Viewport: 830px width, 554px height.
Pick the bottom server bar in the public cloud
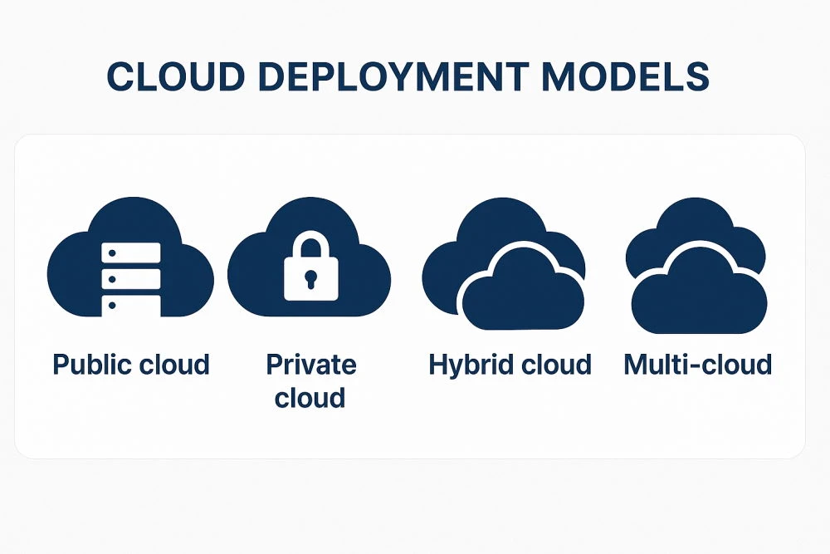coord(130,304)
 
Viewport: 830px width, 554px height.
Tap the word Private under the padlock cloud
coord(310,365)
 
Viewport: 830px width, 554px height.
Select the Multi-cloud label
coord(697,365)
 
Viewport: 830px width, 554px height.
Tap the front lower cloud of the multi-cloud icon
coord(697,295)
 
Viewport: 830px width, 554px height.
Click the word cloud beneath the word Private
coord(310,398)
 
